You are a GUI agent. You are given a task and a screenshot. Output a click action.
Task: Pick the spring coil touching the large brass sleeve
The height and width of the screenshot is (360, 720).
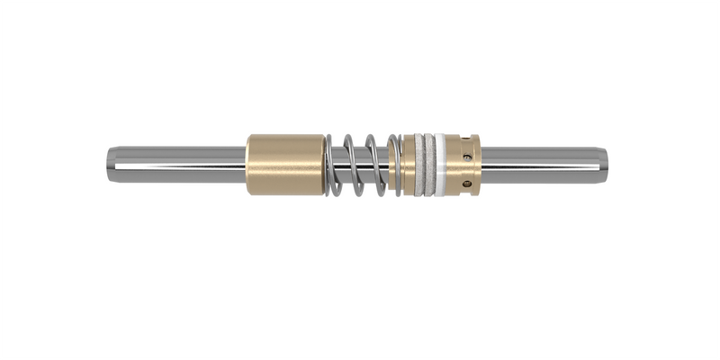point(333,166)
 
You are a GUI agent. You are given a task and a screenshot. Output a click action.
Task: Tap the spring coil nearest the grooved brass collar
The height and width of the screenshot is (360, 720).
point(397,166)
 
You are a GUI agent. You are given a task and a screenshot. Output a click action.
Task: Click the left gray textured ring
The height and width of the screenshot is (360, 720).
point(421,166)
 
